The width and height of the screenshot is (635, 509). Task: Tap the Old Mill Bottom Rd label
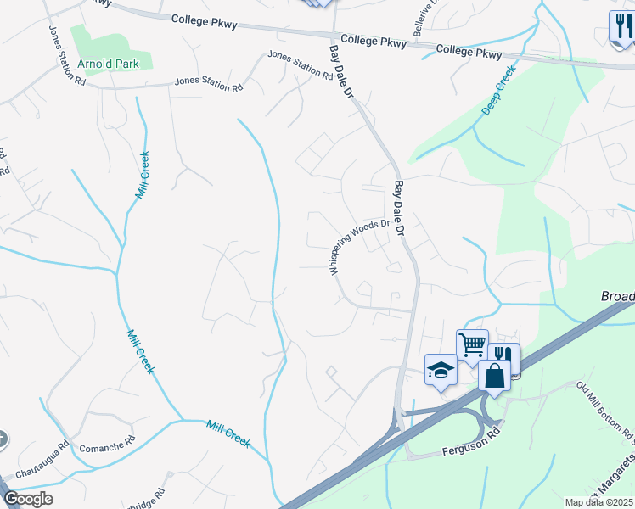pos(605,412)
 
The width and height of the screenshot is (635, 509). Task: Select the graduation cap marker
pos(441,370)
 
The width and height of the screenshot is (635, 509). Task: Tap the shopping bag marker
pos(494,376)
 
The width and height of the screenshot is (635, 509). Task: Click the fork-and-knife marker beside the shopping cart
pos(504,356)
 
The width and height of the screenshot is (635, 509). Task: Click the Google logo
pos(28,499)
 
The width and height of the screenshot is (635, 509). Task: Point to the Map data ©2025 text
pos(598,502)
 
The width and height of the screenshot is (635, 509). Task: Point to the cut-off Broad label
pos(617,296)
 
